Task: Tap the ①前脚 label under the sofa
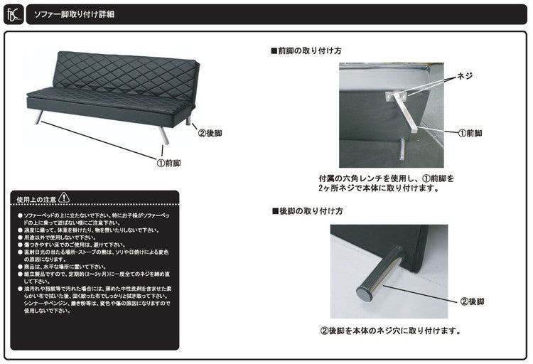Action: pyautogui.click(x=168, y=163)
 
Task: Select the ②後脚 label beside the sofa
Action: pyautogui.click(x=211, y=133)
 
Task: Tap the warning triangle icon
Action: pyautogui.click(x=65, y=196)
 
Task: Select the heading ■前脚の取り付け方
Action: pyautogui.click(x=306, y=52)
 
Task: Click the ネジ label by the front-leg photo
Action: pyautogui.click(x=463, y=75)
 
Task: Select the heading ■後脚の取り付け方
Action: pyautogui.click(x=306, y=211)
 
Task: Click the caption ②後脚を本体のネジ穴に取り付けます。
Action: pyautogui.click(x=390, y=331)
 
